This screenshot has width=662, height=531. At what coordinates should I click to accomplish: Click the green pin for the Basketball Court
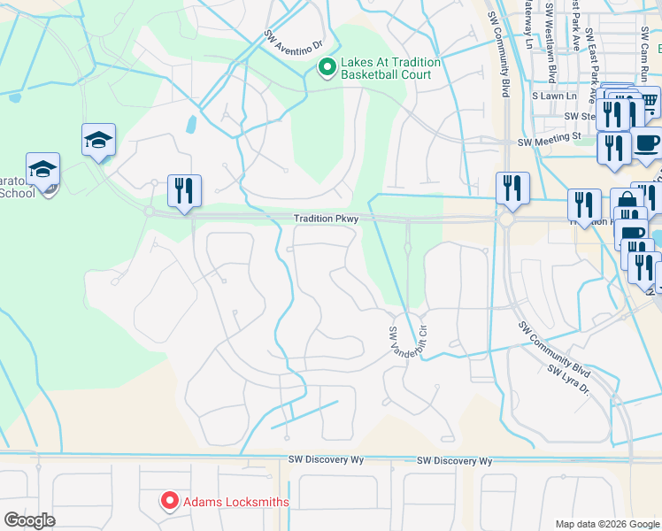[x=327, y=66]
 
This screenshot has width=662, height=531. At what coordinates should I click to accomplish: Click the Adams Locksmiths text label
[x=236, y=502]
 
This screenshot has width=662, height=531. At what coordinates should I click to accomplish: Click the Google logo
[x=29, y=520]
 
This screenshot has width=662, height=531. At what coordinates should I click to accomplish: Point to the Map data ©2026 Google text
[x=607, y=524]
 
